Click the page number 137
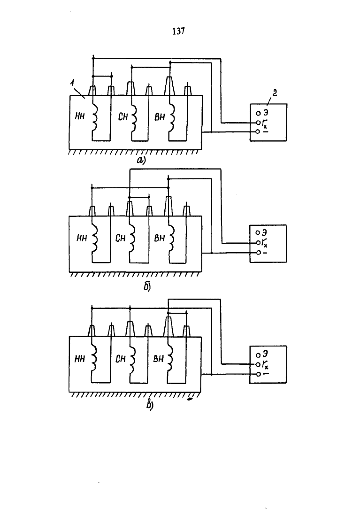tap(179, 31)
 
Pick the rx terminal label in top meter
tap(267, 123)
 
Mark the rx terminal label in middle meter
tap(267, 243)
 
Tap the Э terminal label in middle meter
tap(267, 232)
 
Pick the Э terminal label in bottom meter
tap(267, 353)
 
